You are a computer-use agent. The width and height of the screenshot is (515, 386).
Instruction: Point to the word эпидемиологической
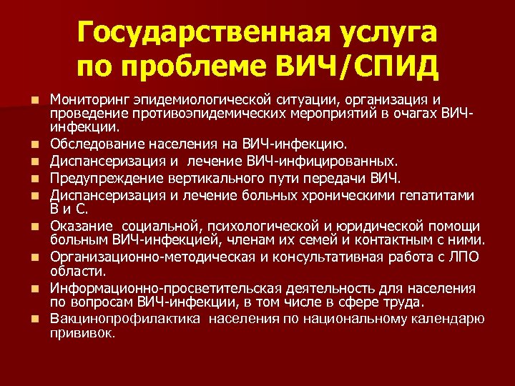(x=194, y=99)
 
